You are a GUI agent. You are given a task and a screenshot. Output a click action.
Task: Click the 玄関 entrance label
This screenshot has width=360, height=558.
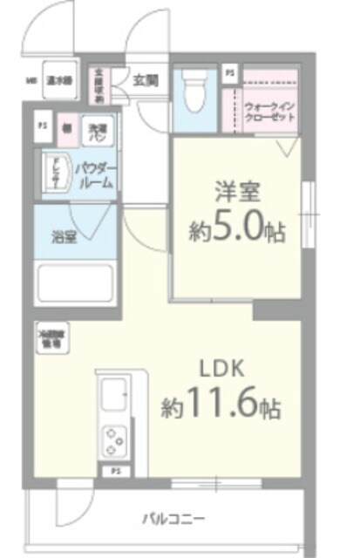pos(146,80)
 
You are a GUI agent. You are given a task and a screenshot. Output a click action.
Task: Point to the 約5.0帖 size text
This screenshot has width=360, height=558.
pos(238,230)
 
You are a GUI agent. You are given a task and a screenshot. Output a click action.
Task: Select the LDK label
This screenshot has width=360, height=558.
pos(221,366)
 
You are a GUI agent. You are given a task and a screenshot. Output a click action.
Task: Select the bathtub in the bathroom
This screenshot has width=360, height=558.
pos(76,283)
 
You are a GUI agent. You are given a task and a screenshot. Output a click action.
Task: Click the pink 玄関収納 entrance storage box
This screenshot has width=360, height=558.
pos(124,85)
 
